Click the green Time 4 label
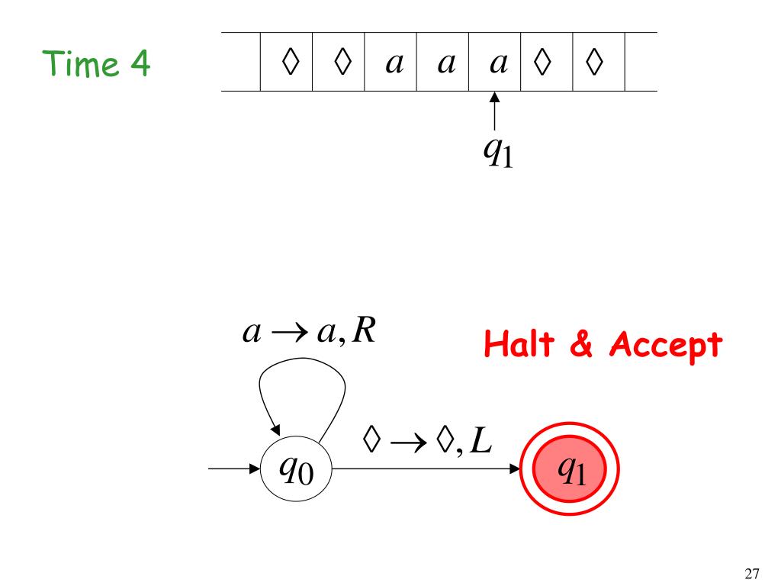click(97, 64)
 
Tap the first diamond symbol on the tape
click(288, 63)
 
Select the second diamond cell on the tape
click(339, 63)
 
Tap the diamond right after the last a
click(543, 63)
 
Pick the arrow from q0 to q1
click(427, 469)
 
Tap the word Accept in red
click(665, 347)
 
